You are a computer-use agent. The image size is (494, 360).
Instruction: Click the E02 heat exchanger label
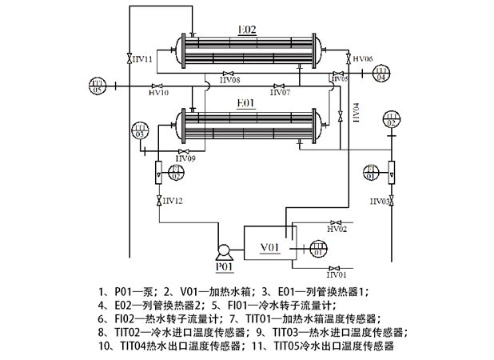[248, 30]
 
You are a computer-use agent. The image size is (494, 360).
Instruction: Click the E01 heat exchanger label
[245, 103]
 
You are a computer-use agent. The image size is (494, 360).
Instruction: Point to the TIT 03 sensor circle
[141, 130]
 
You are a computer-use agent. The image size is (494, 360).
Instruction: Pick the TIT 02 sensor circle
[391, 121]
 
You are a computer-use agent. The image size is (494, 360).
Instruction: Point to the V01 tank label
[269, 247]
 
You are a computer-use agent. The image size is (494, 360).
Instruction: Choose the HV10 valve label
[159, 94]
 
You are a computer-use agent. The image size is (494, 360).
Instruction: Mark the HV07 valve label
[280, 94]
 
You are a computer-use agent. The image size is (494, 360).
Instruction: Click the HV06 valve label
[363, 58]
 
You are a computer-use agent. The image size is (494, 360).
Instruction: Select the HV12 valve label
[173, 200]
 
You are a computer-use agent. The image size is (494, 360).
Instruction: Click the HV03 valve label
[380, 201]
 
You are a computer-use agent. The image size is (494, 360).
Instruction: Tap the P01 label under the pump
[223, 266]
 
